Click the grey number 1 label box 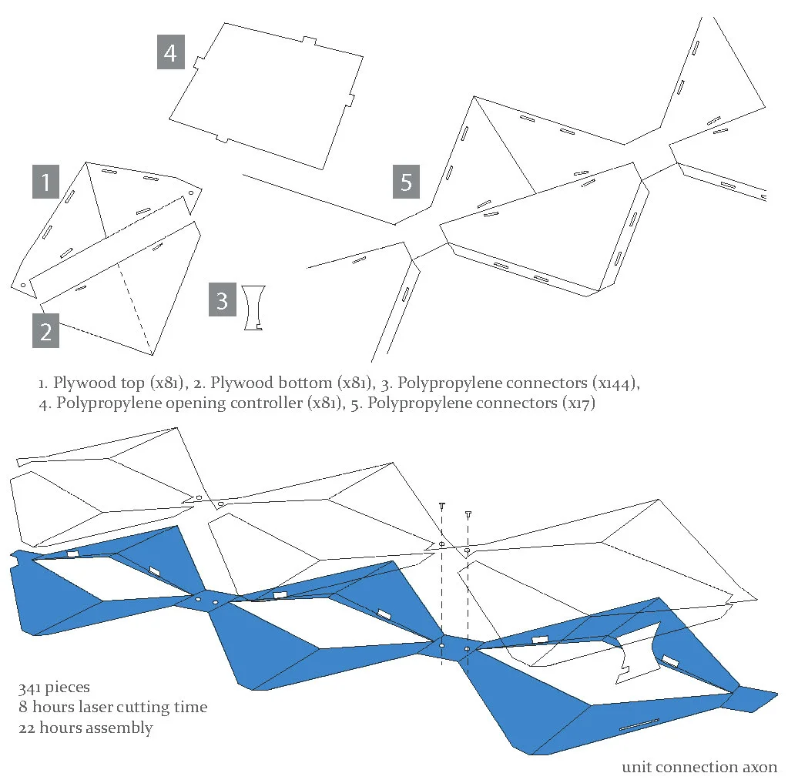coord(46,182)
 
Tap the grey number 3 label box coord(222,299)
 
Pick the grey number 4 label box coord(171,52)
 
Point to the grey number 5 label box coord(406,182)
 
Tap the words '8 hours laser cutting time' coord(112,708)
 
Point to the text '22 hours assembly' coord(85,728)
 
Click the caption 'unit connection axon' coord(699,767)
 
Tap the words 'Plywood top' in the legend coord(92,383)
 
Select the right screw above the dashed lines coord(468,514)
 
